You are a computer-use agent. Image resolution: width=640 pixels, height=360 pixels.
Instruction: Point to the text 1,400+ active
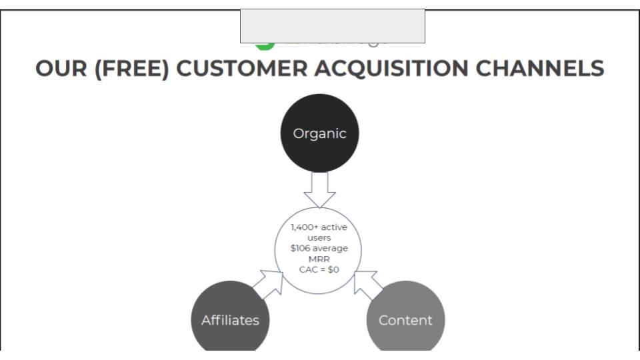click(x=319, y=227)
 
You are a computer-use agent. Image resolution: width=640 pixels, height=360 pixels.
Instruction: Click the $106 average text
click(x=319, y=249)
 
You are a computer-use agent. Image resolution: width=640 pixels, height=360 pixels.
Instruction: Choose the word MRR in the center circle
click(x=319, y=259)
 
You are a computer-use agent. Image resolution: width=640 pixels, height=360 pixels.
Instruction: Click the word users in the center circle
click(x=319, y=238)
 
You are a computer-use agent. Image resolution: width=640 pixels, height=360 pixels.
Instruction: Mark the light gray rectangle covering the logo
click(x=332, y=26)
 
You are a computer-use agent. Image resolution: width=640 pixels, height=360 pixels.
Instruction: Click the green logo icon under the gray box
click(x=265, y=45)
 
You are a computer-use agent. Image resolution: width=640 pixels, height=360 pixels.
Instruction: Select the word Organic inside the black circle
click(x=319, y=133)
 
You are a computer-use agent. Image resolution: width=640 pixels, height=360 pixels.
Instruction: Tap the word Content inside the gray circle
click(x=405, y=321)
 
